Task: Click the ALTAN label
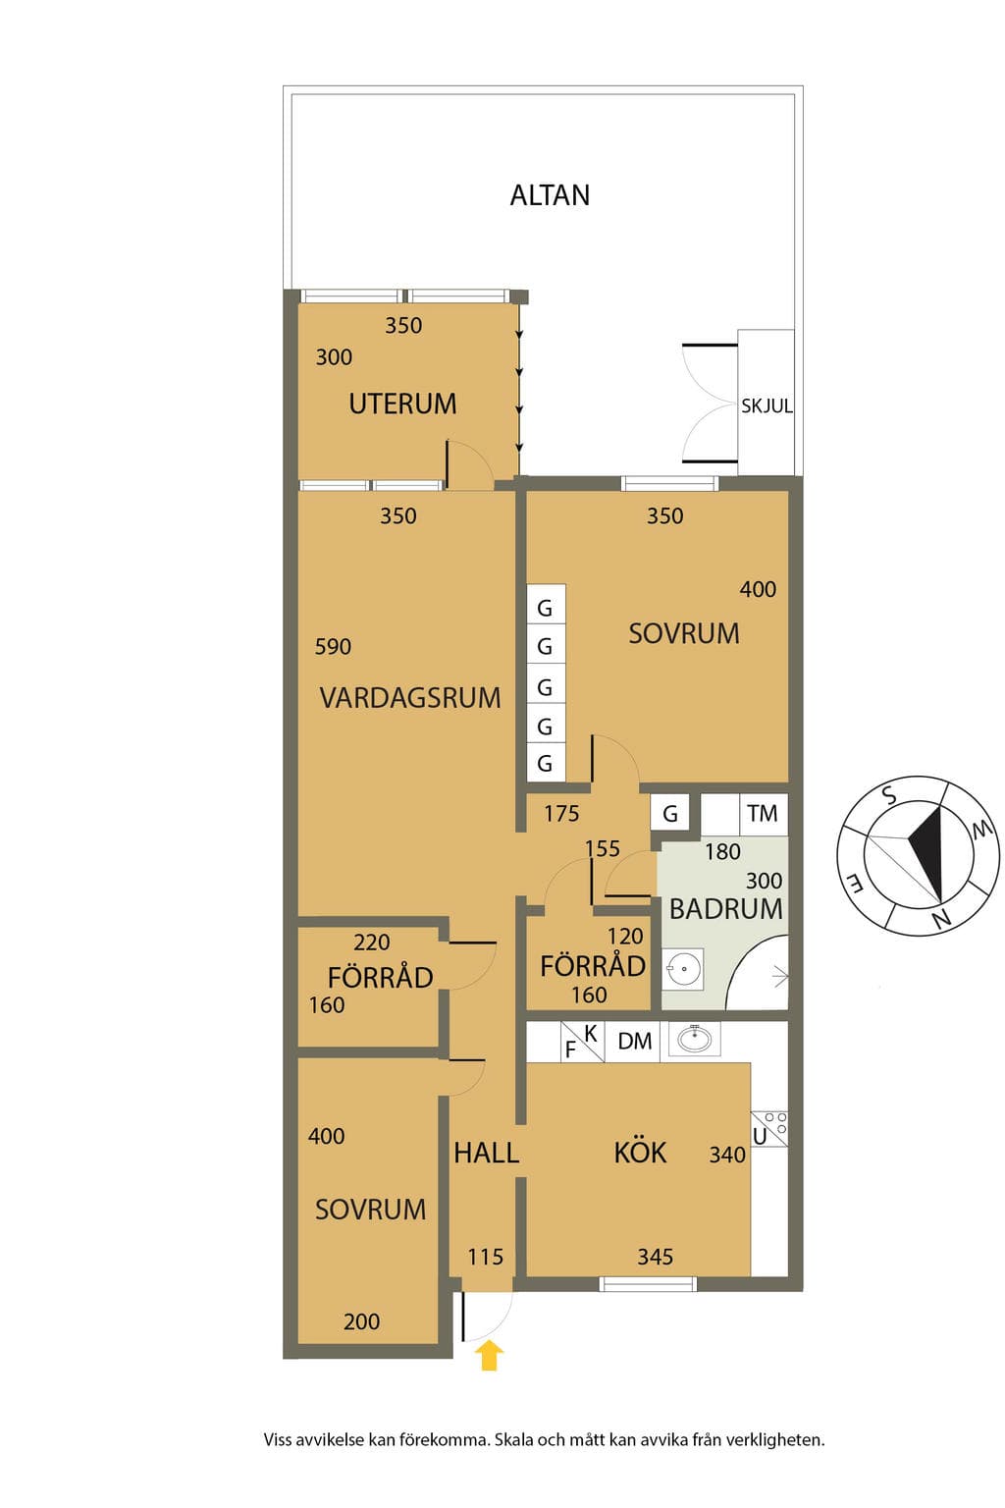point(550,195)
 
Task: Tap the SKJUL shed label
point(767,405)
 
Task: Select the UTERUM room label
point(402,404)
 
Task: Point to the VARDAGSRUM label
point(410,697)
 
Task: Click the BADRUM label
point(725,909)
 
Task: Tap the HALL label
point(486,1154)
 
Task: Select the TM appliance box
point(764,813)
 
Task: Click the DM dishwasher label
point(634,1042)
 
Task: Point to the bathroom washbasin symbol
point(682,969)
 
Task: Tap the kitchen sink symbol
point(695,1039)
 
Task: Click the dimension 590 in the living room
point(333,647)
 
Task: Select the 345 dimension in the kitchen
point(655,1257)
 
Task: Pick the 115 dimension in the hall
point(486,1257)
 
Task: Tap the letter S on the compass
point(890,795)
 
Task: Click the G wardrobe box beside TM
point(669,813)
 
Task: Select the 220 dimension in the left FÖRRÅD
point(372,942)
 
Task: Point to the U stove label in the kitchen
point(760,1136)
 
